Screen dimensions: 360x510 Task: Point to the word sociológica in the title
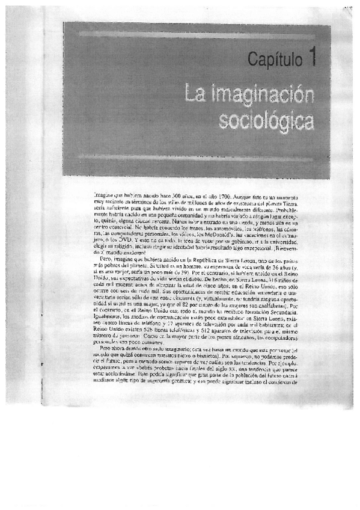tap(266, 120)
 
